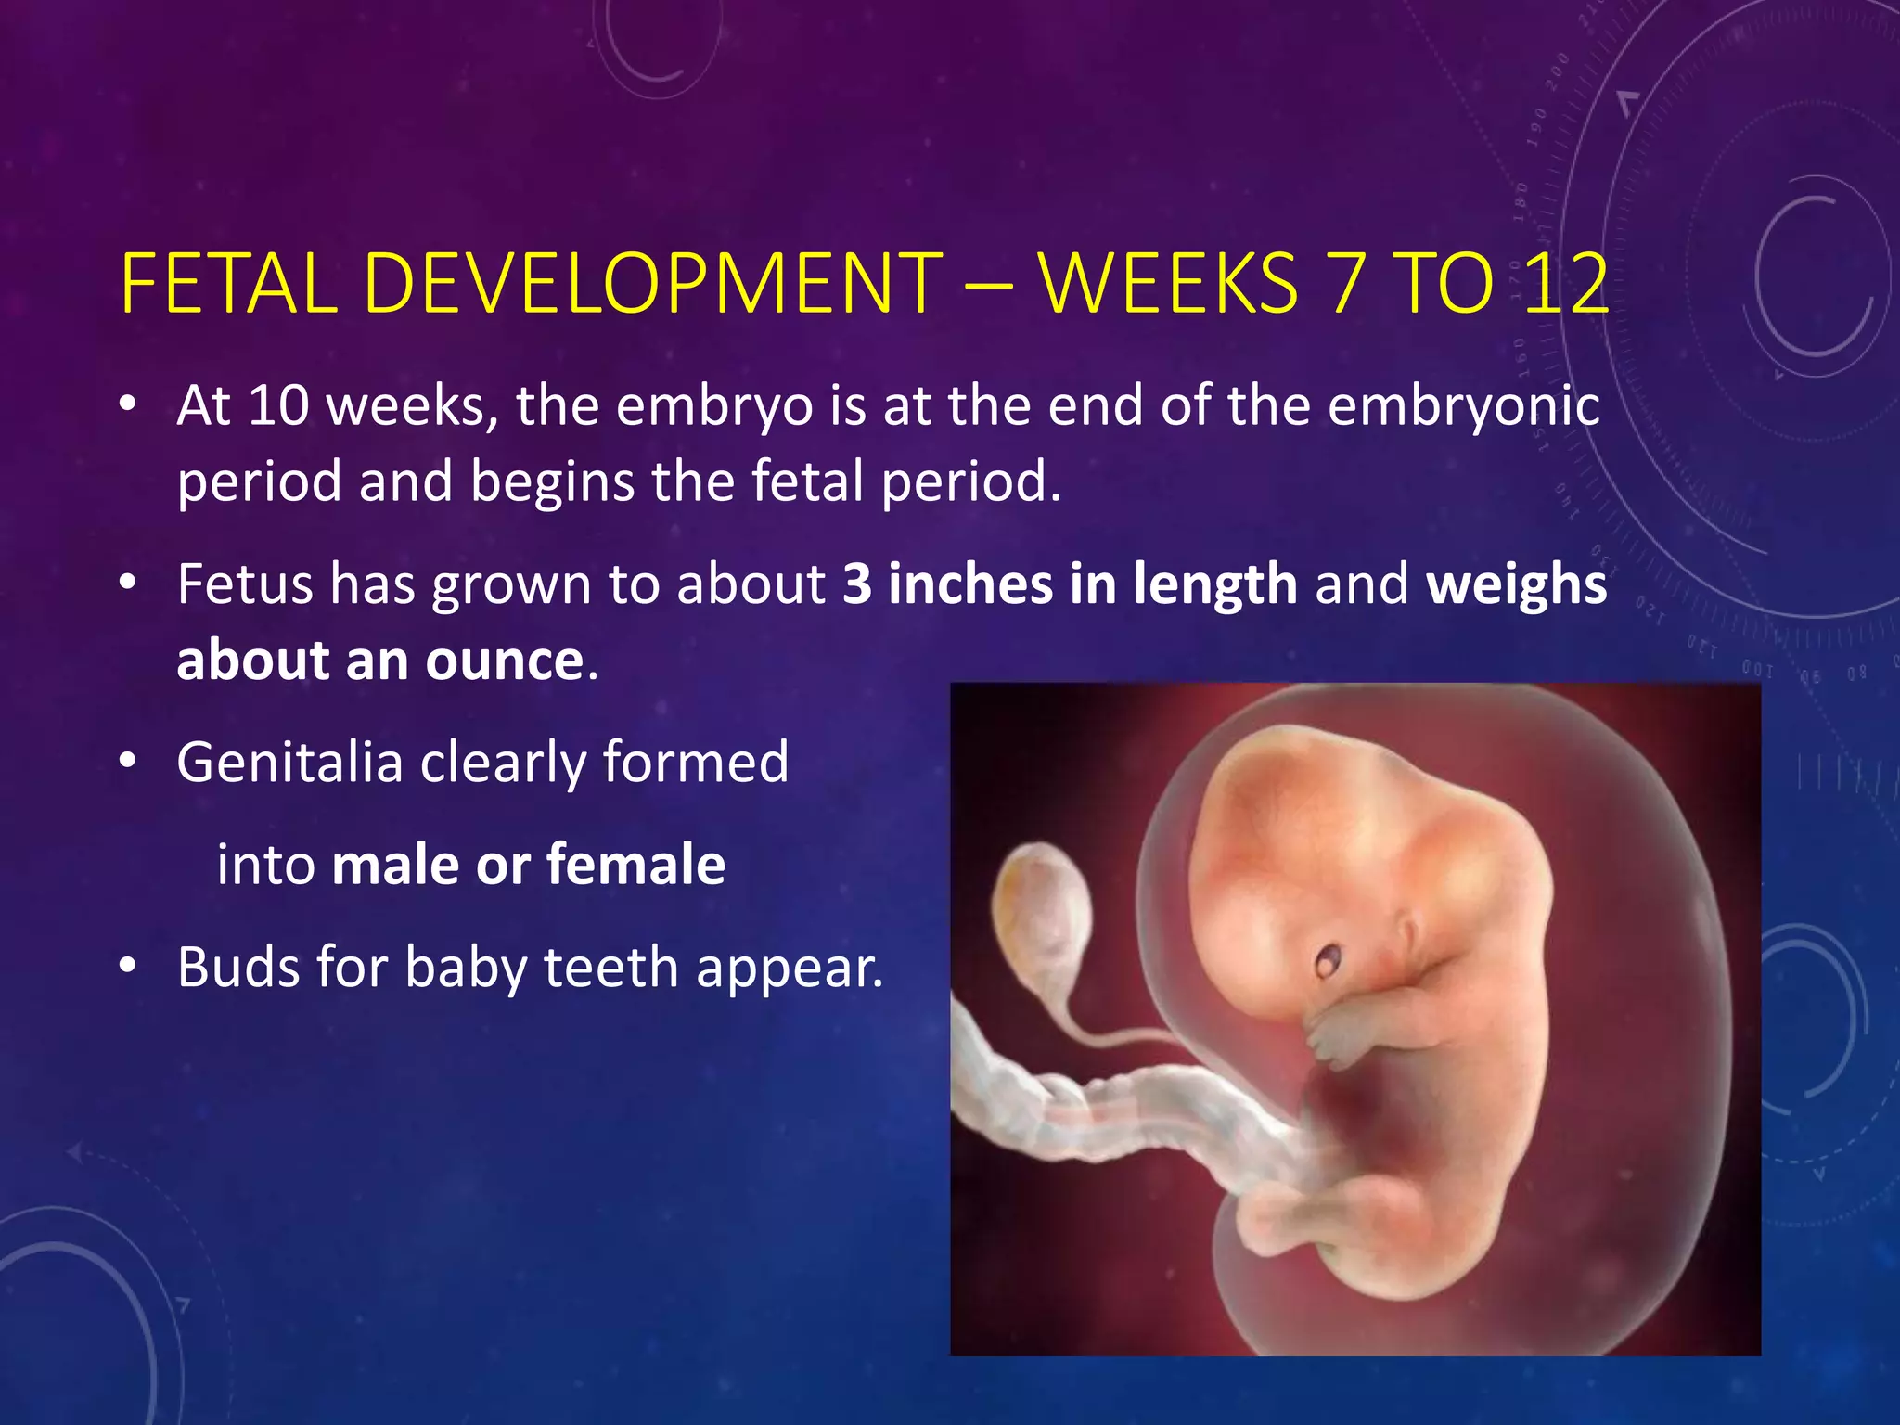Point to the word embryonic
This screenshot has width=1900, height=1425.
coord(1463,408)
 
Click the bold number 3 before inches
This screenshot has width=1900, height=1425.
coord(857,584)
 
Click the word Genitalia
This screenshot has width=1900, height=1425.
coord(289,763)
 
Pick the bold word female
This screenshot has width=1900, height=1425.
coord(635,865)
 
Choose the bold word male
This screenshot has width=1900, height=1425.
coord(394,865)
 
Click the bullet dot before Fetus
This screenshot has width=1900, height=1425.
coord(128,584)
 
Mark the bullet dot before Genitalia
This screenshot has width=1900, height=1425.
coord(128,762)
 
